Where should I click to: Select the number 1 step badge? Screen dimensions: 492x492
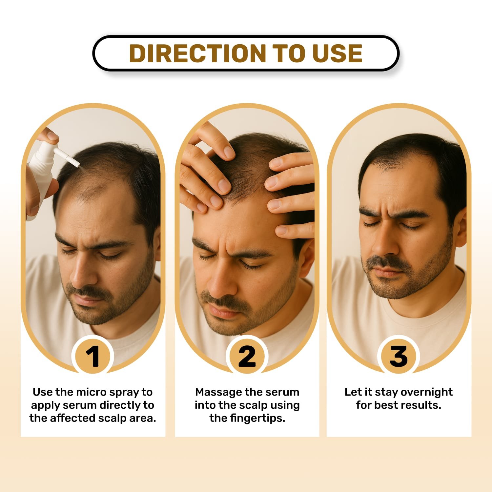click(93, 356)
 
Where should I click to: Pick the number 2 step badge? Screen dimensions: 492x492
click(247, 356)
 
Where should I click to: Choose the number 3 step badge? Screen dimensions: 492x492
click(399, 356)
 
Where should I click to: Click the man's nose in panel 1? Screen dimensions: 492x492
click(79, 276)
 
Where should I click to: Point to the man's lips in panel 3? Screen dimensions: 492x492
click(387, 272)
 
